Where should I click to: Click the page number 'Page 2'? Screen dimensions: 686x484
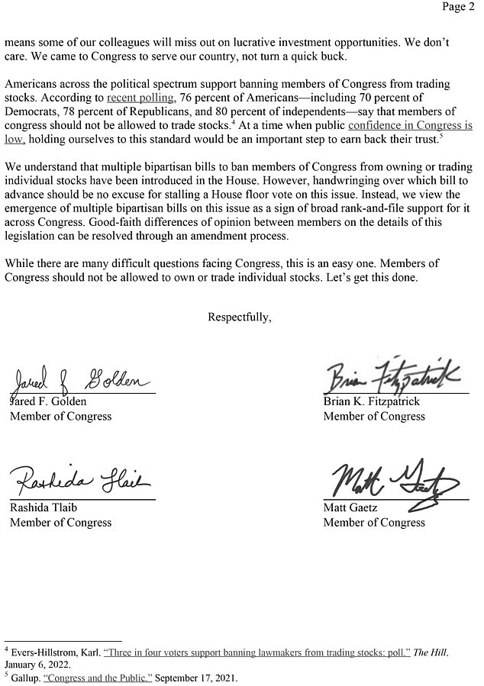[458, 8]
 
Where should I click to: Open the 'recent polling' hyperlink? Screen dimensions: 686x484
[140, 98]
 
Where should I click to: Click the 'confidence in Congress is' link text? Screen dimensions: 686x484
[410, 125]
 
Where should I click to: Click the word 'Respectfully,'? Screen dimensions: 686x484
[239, 317]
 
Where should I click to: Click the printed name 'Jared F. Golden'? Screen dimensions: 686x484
[48, 401]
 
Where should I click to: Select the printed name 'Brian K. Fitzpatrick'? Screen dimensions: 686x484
[371, 401]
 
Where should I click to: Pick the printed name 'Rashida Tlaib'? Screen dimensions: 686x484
[43, 507]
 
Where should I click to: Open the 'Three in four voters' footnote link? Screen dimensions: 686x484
[257, 652]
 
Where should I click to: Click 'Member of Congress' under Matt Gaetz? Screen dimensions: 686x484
[374, 523]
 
